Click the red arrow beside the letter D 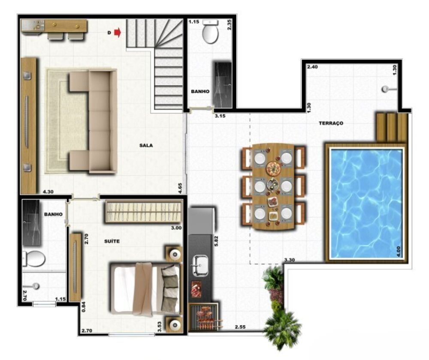point(118,33)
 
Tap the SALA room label point(146,145)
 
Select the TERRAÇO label point(331,123)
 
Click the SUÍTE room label point(112,241)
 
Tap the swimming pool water point(366,204)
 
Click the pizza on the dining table point(274,168)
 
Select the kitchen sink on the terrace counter point(200,265)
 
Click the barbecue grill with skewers point(205,317)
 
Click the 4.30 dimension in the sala point(48,192)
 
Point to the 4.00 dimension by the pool point(398,252)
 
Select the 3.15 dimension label point(220,116)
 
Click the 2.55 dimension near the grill point(240,327)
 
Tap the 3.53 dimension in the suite point(160,327)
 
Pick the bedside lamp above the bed point(175,255)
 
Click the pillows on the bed point(169,289)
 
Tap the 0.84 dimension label point(84,306)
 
